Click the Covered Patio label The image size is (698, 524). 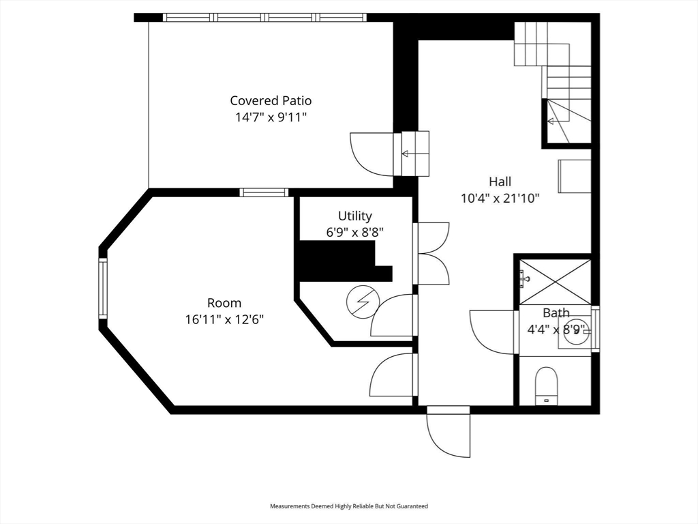pyautogui.click(x=271, y=101)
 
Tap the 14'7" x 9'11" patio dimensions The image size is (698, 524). pyautogui.click(x=271, y=117)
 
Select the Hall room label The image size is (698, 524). pyautogui.click(x=500, y=181)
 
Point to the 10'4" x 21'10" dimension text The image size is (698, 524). pyautogui.click(x=500, y=199)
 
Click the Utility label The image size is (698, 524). pyautogui.click(x=354, y=216)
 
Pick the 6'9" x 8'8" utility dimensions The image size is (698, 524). pyautogui.click(x=354, y=232)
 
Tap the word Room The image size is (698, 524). pyautogui.click(x=224, y=303)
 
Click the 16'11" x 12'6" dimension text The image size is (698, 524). pyautogui.click(x=224, y=319)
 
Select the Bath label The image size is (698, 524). pyautogui.click(x=556, y=312)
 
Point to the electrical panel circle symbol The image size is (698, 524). pyautogui.click(x=363, y=302)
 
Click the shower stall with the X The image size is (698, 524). pyautogui.click(x=555, y=282)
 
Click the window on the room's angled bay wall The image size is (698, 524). pyautogui.click(x=103, y=288)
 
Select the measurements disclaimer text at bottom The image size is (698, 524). pyautogui.click(x=349, y=506)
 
